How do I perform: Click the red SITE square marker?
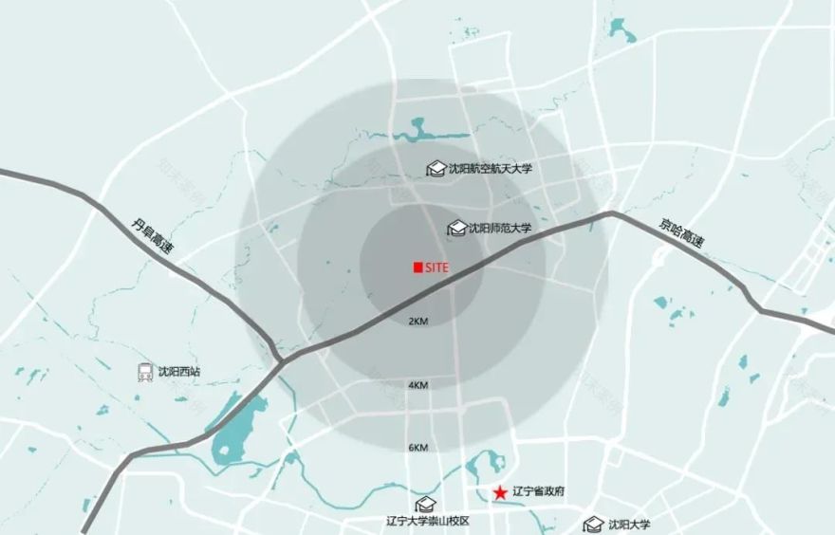(x=417, y=268)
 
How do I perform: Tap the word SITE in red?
(x=436, y=268)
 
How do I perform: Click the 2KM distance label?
(x=418, y=322)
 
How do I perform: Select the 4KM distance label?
(x=418, y=385)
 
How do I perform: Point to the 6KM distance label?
(x=418, y=447)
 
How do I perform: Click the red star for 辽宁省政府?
(x=499, y=492)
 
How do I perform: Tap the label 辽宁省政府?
(x=538, y=492)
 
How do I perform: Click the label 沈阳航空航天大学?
(x=491, y=169)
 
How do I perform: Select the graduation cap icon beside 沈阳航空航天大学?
(x=436, y=169)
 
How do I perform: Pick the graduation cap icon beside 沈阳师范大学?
(x=457, y=229)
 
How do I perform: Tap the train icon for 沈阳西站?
(x=145, y=372)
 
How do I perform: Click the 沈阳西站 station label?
(x=180, y=372)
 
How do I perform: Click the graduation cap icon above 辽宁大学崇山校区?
(x=425, y=504)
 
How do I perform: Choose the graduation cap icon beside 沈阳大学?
(x=594, y=524)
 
